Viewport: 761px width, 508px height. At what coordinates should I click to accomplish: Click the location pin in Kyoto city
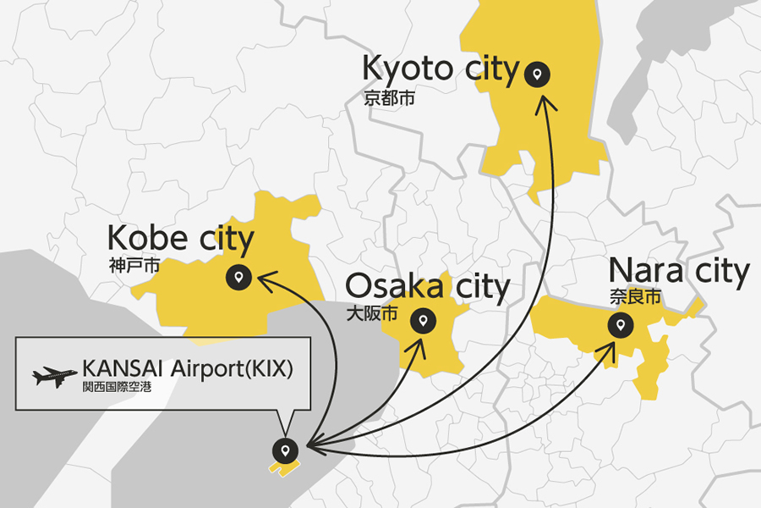[x=537, y=75]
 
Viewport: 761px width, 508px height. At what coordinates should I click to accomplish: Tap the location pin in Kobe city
[x=238, y=276]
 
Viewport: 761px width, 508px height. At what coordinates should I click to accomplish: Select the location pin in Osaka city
[x=422, y=321]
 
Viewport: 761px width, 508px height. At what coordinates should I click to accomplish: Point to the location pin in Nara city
[x=621, y=323]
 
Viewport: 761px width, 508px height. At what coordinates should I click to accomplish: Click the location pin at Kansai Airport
[x=286, y=450]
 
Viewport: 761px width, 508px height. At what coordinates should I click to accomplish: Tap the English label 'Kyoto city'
[x=440, y=69]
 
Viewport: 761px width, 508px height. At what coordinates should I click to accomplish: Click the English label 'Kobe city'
[x=180, y=240]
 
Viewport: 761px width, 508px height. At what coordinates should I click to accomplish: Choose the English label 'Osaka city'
[x=428, y=287]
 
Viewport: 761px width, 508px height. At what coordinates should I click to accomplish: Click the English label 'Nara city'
[x=679, y=271]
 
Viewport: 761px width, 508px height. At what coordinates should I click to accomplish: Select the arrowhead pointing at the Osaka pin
[x=417, y=345]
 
